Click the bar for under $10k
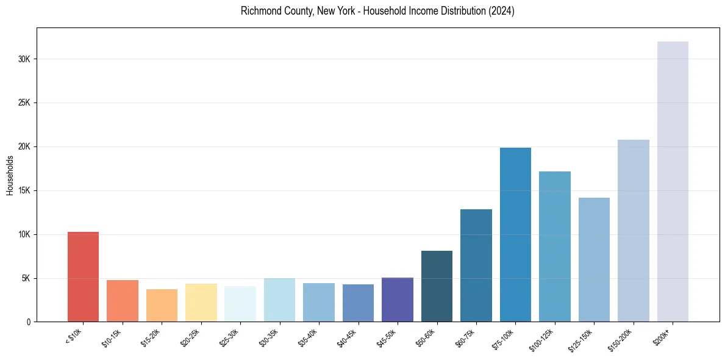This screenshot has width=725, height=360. click(x=83, y=277)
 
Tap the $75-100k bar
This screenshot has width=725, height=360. click(x=515, y=235)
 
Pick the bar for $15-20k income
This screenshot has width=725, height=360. click(x=162, y=306)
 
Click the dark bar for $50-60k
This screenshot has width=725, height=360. click(x=437, y=286)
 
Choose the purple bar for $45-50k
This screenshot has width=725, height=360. click(x=398, y=300)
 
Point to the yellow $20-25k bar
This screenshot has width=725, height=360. click(x=201, y=303)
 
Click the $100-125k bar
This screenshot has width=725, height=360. click(x=555, y=247)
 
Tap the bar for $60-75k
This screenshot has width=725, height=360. click(x=476, y=265)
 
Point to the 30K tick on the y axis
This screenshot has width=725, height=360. click(x=24, y=59)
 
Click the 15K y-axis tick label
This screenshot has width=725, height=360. click(x=24, y=191)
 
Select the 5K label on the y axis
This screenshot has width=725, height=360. click(x=26, y=279)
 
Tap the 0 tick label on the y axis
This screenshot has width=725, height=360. click(x=28, y=322)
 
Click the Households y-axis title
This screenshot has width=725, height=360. click(x=10, y=175)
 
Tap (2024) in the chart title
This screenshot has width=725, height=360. click(x=501, y=11)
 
